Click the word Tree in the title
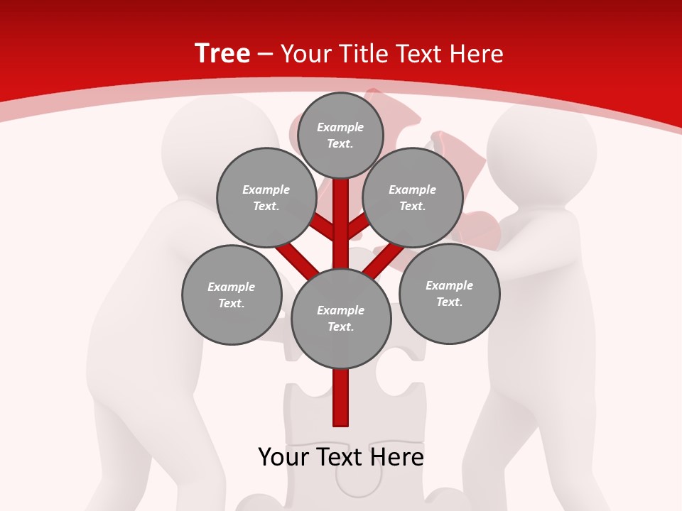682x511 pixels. (222, 53)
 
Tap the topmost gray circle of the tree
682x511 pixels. (340, 135)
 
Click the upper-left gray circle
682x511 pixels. (266, 197)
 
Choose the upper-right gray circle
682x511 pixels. (412, 197)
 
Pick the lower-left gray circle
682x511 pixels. (231, 295)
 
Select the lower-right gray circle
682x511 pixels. (449, 293)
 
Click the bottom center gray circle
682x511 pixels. (340, 318)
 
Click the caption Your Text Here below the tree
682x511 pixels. (341, 456)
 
